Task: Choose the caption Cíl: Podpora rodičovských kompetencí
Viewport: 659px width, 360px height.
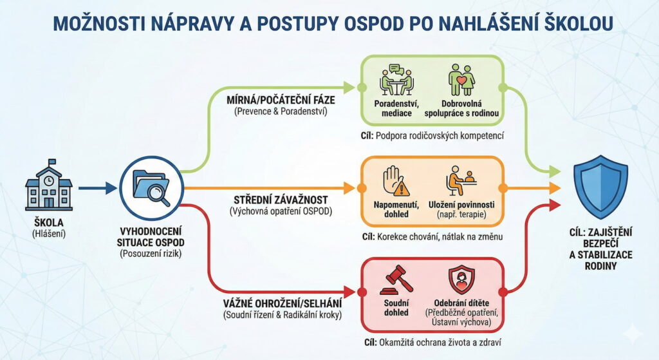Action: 431,136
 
